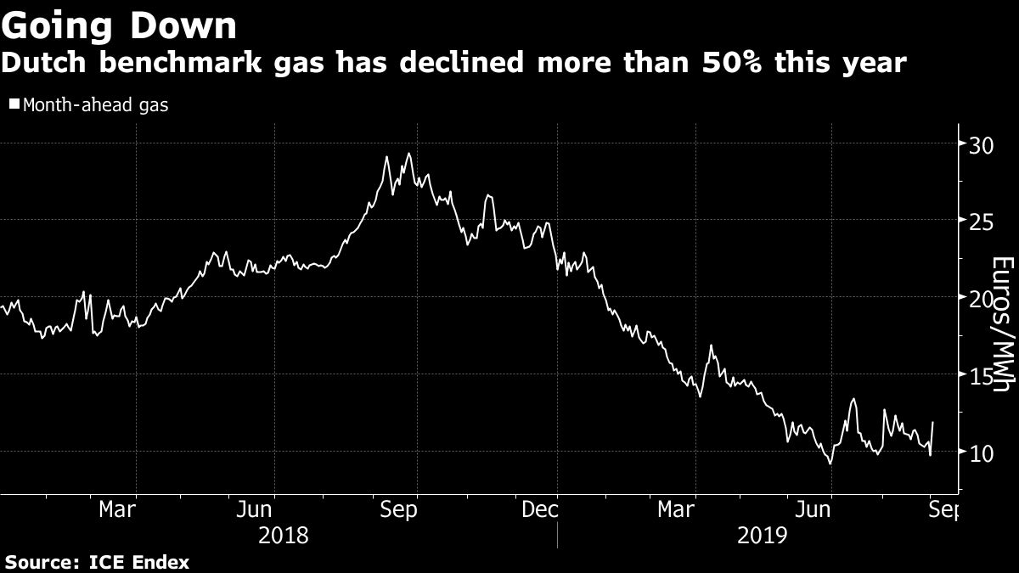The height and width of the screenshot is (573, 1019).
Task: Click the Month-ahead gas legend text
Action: [96, 106]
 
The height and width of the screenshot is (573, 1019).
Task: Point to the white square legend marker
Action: [14, 105]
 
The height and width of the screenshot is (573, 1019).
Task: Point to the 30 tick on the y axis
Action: [980, 144]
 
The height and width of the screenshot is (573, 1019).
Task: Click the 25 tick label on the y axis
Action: [980, 222]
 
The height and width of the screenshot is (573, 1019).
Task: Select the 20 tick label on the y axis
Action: [980, 299]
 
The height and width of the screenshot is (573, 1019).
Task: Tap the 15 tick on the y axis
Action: [980, 376]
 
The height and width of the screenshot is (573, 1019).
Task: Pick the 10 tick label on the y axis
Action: [980, 453]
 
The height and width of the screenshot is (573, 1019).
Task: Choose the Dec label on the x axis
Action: [540, 510]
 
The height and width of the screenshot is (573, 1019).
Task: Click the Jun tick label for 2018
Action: [254, 510]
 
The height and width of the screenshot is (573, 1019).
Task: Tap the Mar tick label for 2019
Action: [678, 510]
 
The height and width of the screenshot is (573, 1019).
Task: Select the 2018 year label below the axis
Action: [283, 536]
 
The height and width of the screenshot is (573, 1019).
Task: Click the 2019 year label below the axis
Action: [762, 536]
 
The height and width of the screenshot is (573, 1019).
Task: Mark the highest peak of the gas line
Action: [409, 154]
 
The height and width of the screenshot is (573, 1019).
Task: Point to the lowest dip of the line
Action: [830, 463]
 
